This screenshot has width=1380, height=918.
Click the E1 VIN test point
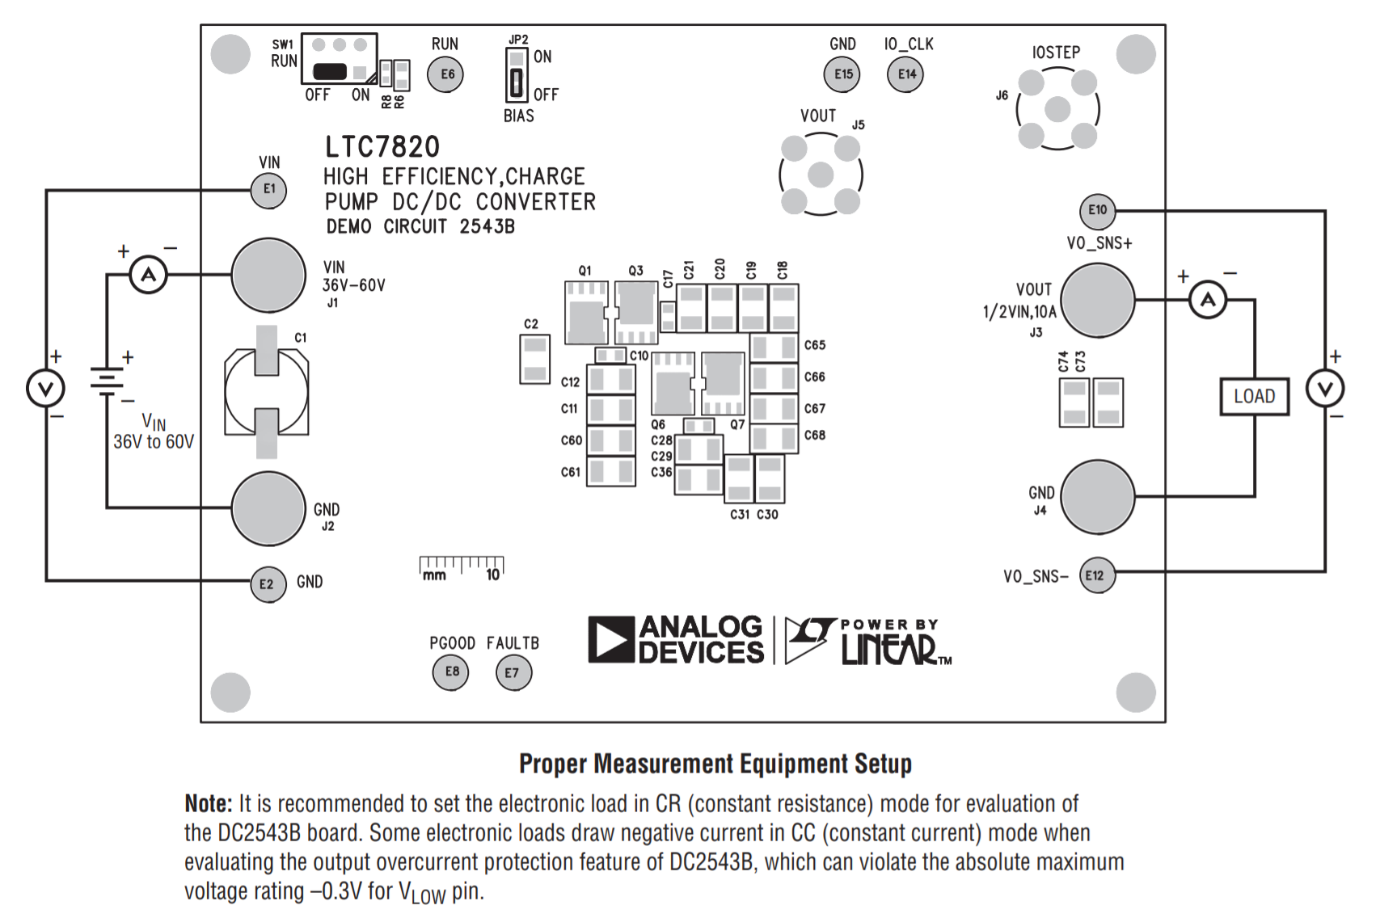[269, 189]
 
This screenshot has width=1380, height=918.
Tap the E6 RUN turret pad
[446, 74]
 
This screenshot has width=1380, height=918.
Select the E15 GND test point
[843, 74]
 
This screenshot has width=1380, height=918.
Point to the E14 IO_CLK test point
[906, 74]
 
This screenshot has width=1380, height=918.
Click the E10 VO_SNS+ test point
[1097, 210]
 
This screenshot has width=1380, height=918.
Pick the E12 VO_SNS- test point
[1096, 575]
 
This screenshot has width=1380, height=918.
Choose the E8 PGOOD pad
[451, 672]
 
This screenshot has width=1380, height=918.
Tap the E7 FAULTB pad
[513, 672]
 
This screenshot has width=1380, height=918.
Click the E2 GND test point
[268, 583]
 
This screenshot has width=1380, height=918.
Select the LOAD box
[1254, 396]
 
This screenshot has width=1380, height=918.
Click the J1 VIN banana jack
[268, 275]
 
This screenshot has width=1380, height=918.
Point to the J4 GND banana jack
[1097, 497]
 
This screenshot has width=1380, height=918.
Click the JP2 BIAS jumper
[516, 74]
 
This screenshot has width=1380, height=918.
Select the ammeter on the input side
[149, 275]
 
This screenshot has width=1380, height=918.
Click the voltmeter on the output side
[1325, 390]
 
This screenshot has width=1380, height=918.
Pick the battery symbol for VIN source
[107, 381]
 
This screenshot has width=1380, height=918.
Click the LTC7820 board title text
[382, 147]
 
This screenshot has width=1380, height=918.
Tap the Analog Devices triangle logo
[610, 639]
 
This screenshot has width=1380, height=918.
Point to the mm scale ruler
[462, 568]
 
